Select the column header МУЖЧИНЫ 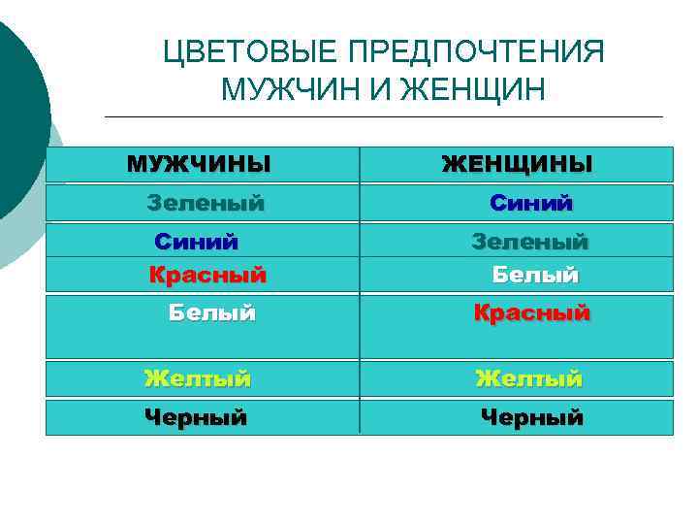coord(199,163)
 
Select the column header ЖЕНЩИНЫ coord(517,164)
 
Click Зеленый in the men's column coord(206,203)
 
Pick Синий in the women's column coord(531,203)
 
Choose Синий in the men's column coord(197,240)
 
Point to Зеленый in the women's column coord(529,240)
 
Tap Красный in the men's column coord(207,275)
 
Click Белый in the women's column coord(535,275)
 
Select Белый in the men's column coord(211,312)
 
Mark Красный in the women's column coord(531,312)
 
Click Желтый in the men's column coord(198,378)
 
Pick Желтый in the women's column coord(528,378)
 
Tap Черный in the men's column coord(196,417)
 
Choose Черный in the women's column coord(532,417)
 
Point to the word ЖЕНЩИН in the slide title coord(474,90)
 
